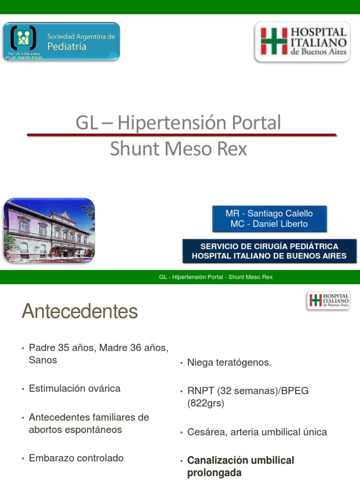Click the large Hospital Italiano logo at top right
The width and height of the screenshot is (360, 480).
tap(302, 42)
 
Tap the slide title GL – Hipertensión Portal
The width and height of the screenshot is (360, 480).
tap(179, 123)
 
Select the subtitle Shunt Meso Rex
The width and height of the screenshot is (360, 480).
tap(179, 149)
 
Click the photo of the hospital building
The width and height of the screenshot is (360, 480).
tap(49, 230)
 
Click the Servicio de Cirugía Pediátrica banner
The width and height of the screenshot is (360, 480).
tap(269, 251)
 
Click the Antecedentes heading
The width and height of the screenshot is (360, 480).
tap(80, 311)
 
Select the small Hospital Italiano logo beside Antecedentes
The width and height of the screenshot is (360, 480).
tap(329, 300)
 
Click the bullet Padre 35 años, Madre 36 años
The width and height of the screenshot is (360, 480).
tap(98, 348)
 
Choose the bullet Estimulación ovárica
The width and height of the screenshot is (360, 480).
tap(75, 389)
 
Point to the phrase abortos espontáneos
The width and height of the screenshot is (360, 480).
tap(75, 430)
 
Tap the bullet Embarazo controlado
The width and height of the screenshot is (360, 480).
tap(76, 458)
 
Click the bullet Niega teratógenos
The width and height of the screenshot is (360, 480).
tap(229, 363)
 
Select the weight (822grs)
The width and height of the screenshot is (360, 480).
tap(206, 403)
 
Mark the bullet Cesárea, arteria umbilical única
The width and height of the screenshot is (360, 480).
tap(257, 432)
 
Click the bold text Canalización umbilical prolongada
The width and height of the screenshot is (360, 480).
tap(240, 466)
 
